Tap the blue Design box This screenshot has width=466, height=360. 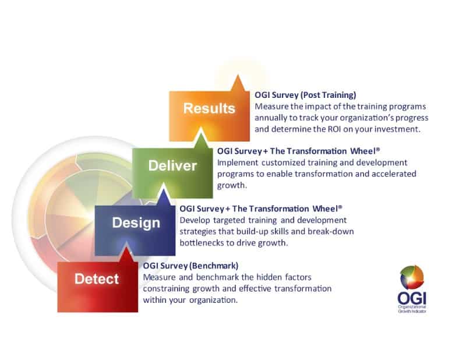[136, 223]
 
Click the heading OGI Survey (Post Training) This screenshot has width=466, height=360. [305, 95]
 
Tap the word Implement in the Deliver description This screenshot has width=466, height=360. [236, 163]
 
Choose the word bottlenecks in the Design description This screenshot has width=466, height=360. [203, 243]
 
